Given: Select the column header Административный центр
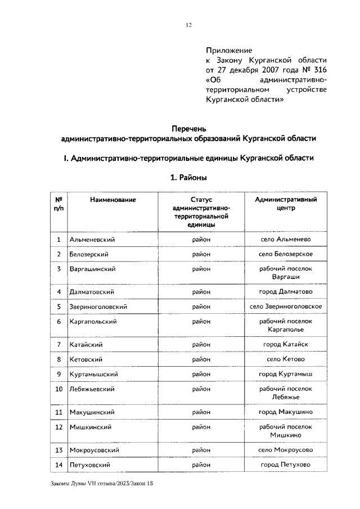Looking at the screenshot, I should (286, 204).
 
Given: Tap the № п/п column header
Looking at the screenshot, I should (58, 204).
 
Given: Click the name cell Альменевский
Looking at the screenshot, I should (92, 240).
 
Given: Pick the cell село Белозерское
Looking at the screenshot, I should (286, 254).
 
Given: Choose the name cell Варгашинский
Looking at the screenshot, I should (92, 269).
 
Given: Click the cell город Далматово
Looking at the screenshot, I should (286, 292).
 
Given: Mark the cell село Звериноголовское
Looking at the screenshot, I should (286, 307).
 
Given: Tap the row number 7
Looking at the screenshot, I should (58, 344).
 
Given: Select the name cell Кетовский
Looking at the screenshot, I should (85, 359).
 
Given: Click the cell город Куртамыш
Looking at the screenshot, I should (286, 374).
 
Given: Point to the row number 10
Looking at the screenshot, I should (58, 389).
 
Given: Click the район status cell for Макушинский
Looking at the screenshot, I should (201, 412).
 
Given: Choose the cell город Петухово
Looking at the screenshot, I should (286, 465).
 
